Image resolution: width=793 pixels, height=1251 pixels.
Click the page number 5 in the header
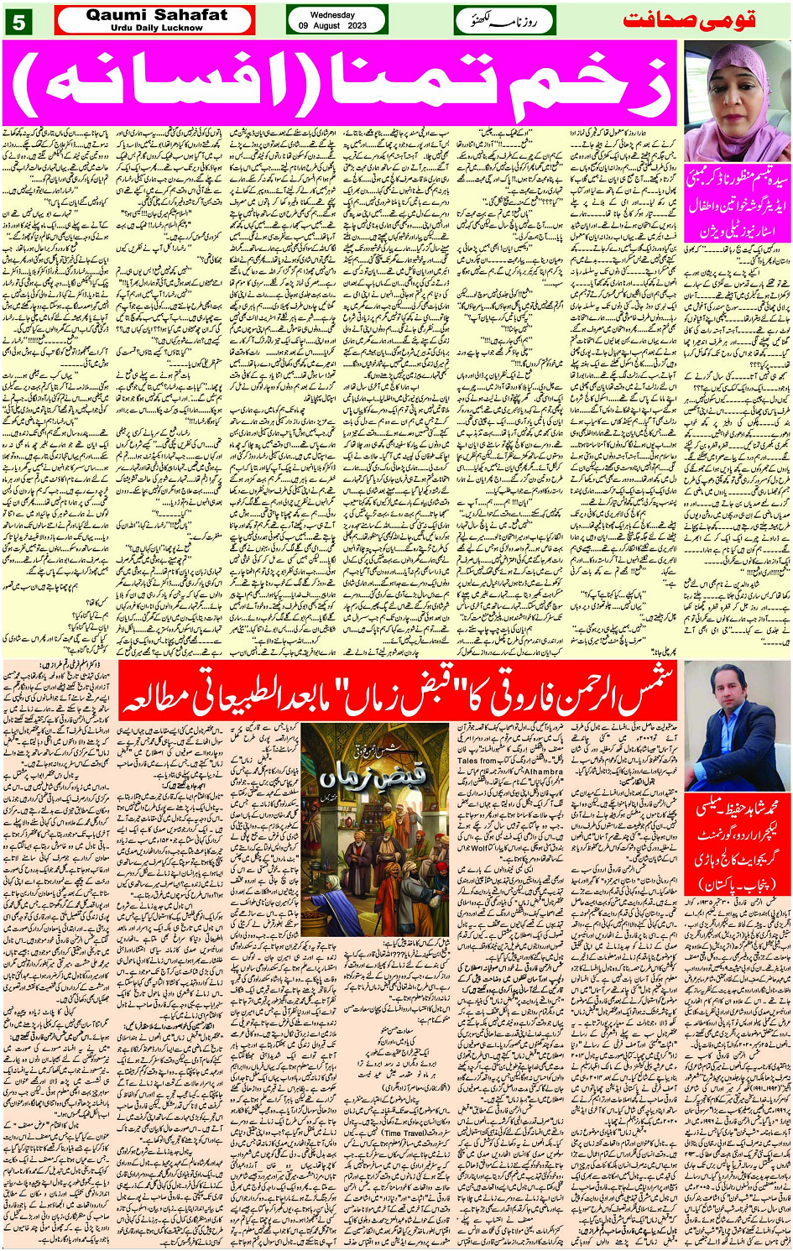tap(18, 23)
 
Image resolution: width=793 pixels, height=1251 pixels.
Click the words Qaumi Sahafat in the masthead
tap(156, 14)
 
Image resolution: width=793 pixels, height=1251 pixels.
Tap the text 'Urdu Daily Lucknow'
tap(156, 28)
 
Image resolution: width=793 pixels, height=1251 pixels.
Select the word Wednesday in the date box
tap(333, 15)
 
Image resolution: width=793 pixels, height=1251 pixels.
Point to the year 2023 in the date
tap(356, 26)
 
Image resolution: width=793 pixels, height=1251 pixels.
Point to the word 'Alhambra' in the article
tap(544, 770)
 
